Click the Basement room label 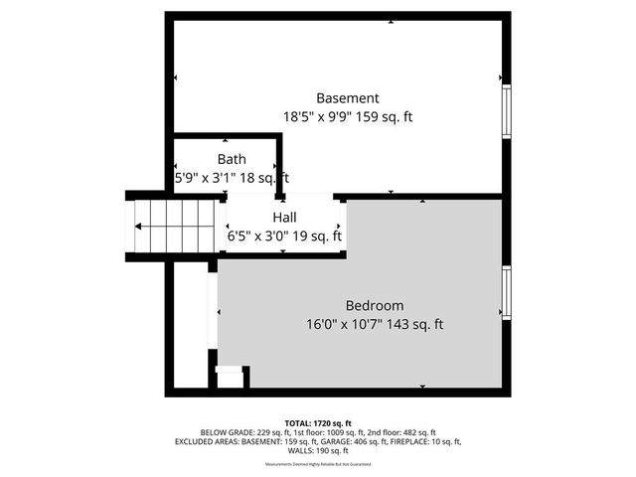tap(347, 98)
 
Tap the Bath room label tap(232, 159)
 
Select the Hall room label tap(284, 217)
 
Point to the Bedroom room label tap(375, 305)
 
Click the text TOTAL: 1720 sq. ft tap(318, 422)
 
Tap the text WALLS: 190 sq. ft tap(318, 450)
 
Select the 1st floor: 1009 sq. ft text tap(320, 432)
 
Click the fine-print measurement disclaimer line tap(318, 464)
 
